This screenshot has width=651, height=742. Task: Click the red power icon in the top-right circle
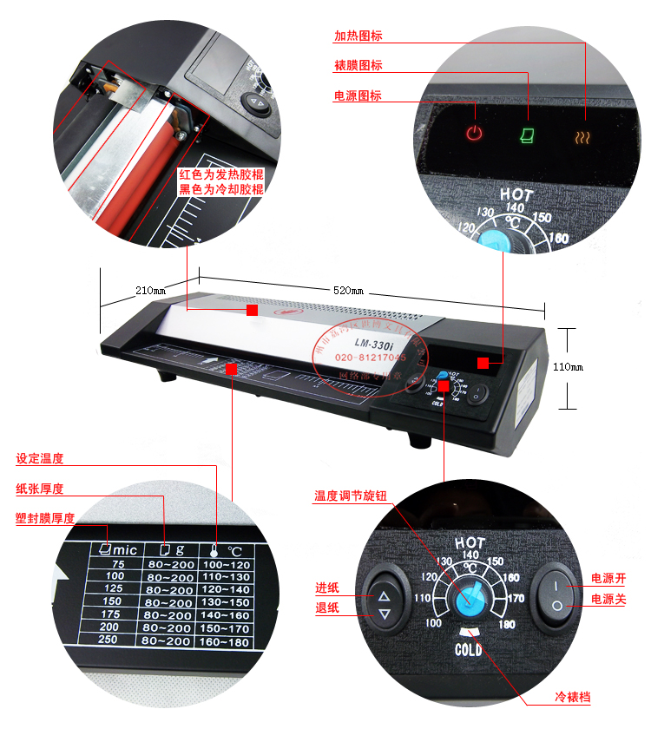(473, 133)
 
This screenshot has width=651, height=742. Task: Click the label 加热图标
(358, 36)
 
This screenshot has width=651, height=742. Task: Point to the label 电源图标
(358, 95)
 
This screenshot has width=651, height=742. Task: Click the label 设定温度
(40, 458)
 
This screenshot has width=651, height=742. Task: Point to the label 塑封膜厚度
(45, 518)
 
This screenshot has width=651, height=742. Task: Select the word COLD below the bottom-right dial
(470, 649)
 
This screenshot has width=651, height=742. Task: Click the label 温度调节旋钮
(351, 497)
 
